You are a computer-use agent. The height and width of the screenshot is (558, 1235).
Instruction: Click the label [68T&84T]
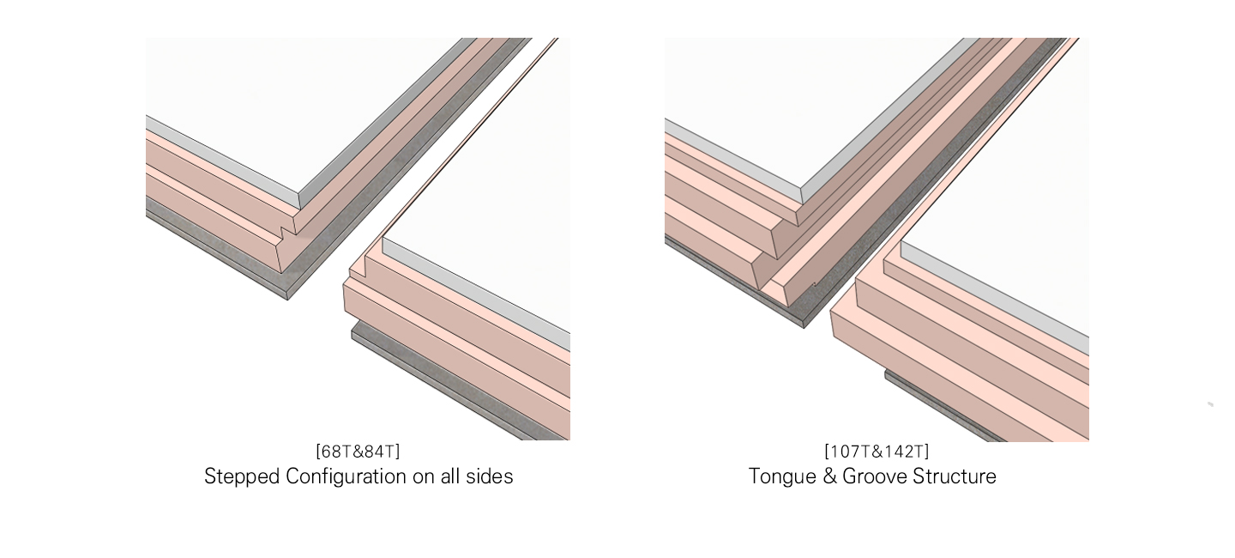(x=358, y=452)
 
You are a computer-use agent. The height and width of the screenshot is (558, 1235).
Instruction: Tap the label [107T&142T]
(x=877, y=452)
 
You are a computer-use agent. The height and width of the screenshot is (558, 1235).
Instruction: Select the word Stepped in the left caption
(x=242, y=476)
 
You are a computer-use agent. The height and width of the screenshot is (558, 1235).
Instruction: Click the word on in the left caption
(x=424, y=478)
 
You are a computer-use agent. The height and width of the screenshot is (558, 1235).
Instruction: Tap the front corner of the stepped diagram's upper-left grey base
(x=287, y=300)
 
